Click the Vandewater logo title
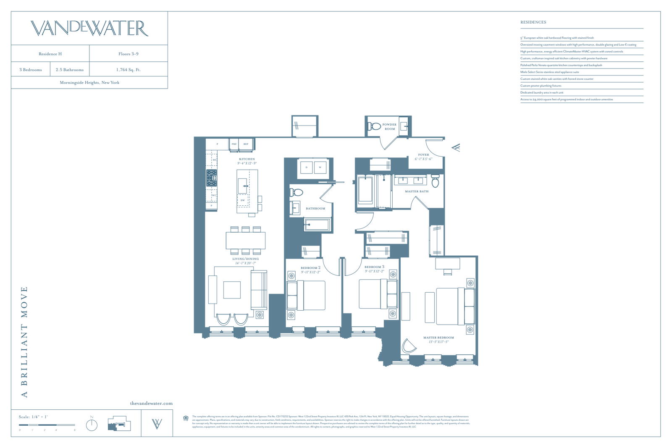[89, 28]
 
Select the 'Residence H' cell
[50, 54]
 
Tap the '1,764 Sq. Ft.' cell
[128, 70]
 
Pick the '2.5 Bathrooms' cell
[70, 70]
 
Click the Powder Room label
[389, 126]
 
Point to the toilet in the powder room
[374, 126]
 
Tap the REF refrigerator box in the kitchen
[246, 144]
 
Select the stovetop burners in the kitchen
[211, 178]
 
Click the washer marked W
[320, 167]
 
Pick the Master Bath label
[417, 191]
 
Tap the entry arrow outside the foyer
[456, 147]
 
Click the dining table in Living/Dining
[246, 241]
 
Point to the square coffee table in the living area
[232, 290]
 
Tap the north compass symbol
[92, 425]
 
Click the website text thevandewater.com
[151, 403]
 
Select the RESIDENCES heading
[533, 22]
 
